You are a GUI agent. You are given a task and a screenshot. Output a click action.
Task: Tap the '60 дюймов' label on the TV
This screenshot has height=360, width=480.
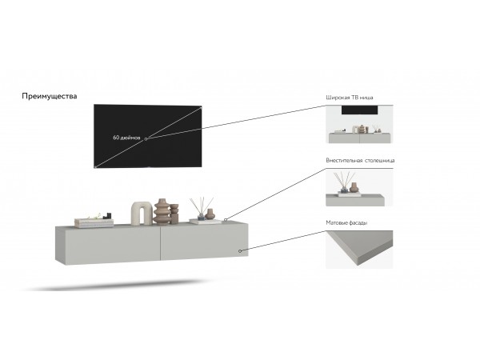pyautogui.click(x=127, y=138)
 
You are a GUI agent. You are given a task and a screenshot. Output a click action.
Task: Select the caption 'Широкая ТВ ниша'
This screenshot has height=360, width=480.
pyautogui.click(x=350, y=98)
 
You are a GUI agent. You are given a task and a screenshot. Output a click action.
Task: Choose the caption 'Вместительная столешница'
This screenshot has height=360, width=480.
pyautogui.click(x=360, y=160)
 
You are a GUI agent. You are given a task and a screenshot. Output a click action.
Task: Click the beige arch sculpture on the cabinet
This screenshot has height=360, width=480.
pyautogui.click(x=141, y=210)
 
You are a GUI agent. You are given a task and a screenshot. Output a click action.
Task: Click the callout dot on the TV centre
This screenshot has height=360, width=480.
pyautogui.click(x=146, y=138)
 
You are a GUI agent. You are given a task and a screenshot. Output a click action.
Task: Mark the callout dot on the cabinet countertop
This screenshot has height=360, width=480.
pyautogui.click(x=226, y=219)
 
